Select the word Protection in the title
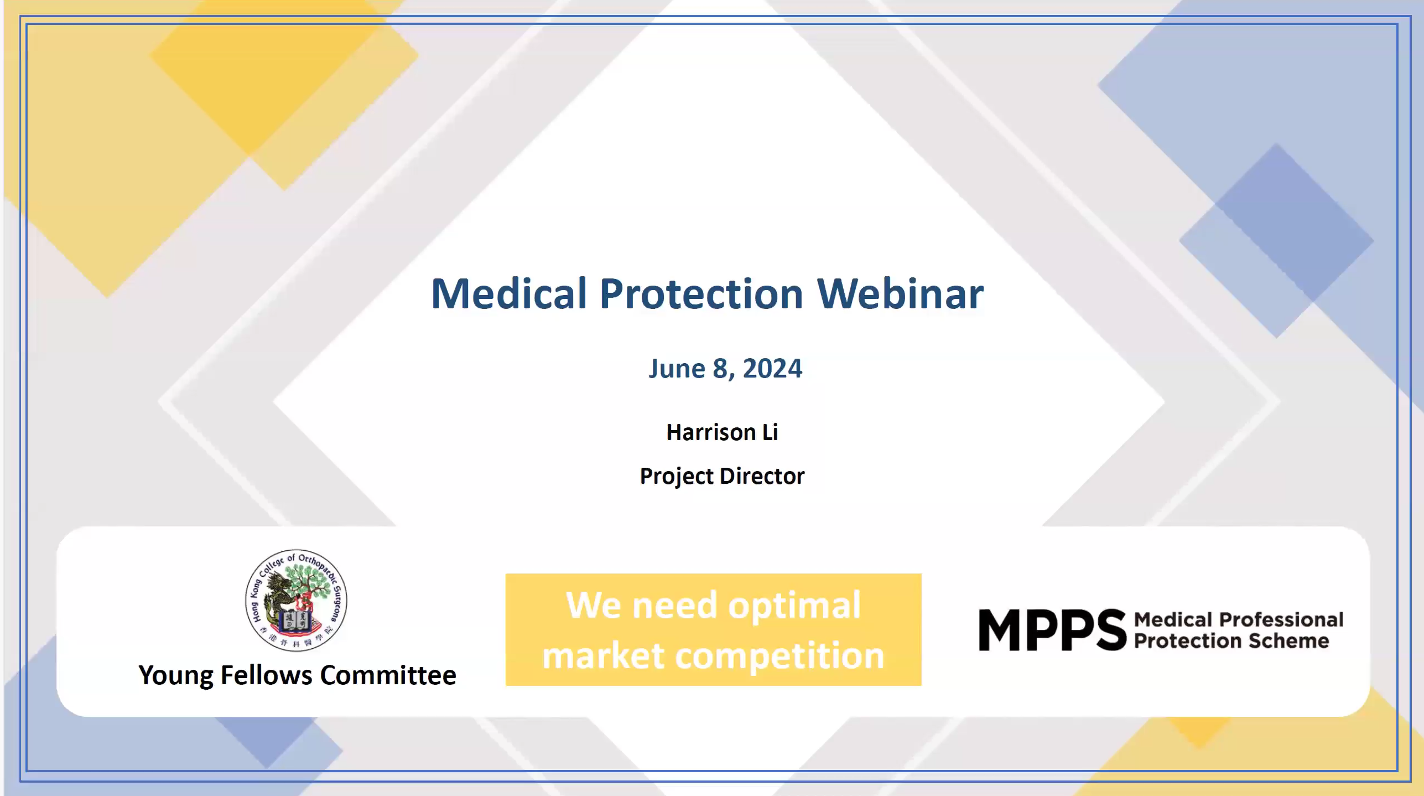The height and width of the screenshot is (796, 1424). [701, 293]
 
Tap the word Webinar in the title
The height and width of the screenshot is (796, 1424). [901, 293]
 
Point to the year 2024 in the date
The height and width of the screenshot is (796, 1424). [772, 369]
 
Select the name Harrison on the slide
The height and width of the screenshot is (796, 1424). [711, 432]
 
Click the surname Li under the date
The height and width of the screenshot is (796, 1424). [771, 432]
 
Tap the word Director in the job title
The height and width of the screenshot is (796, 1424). [762, 476]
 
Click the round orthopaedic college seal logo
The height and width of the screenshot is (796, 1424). [296, 601]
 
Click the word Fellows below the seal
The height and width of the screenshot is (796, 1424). [267, 675]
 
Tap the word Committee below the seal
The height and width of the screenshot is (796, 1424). [388, 675]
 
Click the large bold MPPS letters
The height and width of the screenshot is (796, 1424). [1053, 630]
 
